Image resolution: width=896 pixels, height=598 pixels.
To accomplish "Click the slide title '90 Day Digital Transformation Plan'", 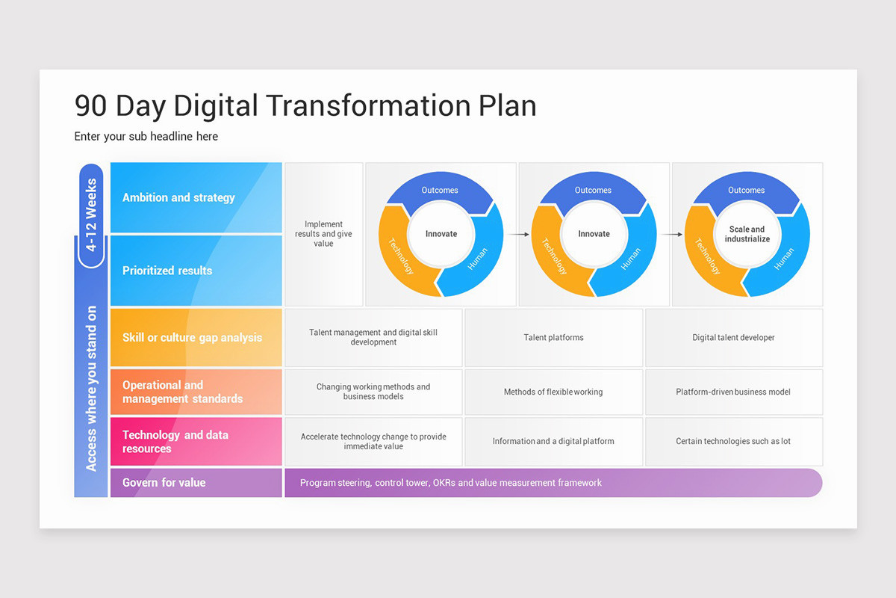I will [305, 105].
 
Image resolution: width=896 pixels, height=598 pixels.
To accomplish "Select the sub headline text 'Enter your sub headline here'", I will [146, 136].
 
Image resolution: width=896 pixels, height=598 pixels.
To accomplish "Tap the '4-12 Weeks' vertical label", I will [91, 214].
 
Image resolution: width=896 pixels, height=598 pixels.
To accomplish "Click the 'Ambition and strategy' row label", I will [178, 197].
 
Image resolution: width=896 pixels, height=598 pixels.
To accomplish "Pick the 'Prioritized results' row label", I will [167, 271].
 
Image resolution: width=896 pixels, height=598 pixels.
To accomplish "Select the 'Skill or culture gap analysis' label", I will [192, 337].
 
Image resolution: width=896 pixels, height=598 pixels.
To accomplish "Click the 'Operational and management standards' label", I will [182, 392].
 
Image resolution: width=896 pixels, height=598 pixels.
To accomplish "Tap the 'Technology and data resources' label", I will [175, 441].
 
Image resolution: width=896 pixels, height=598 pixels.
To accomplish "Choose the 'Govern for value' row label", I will [164, 482].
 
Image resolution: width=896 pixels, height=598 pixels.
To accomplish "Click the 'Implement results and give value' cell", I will [323, 234].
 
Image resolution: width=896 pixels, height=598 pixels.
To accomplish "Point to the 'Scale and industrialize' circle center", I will [747, 234].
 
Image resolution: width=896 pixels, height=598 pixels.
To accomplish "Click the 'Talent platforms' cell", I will [553, 338].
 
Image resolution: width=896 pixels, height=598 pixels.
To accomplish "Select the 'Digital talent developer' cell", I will [733, 338].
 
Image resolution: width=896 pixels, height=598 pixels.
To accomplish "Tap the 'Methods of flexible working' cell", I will [553, 392].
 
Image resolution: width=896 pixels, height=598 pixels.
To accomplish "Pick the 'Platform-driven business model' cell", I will [733, 392].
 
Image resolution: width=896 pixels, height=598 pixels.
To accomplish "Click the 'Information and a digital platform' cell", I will [553, 441].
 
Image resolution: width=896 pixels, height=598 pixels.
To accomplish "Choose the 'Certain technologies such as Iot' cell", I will [733, 441].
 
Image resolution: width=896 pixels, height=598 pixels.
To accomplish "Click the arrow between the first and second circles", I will [517, 234].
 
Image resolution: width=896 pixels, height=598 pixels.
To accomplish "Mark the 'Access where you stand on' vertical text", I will [91, 388].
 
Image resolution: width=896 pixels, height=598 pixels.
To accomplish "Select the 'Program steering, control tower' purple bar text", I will [450, 483].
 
